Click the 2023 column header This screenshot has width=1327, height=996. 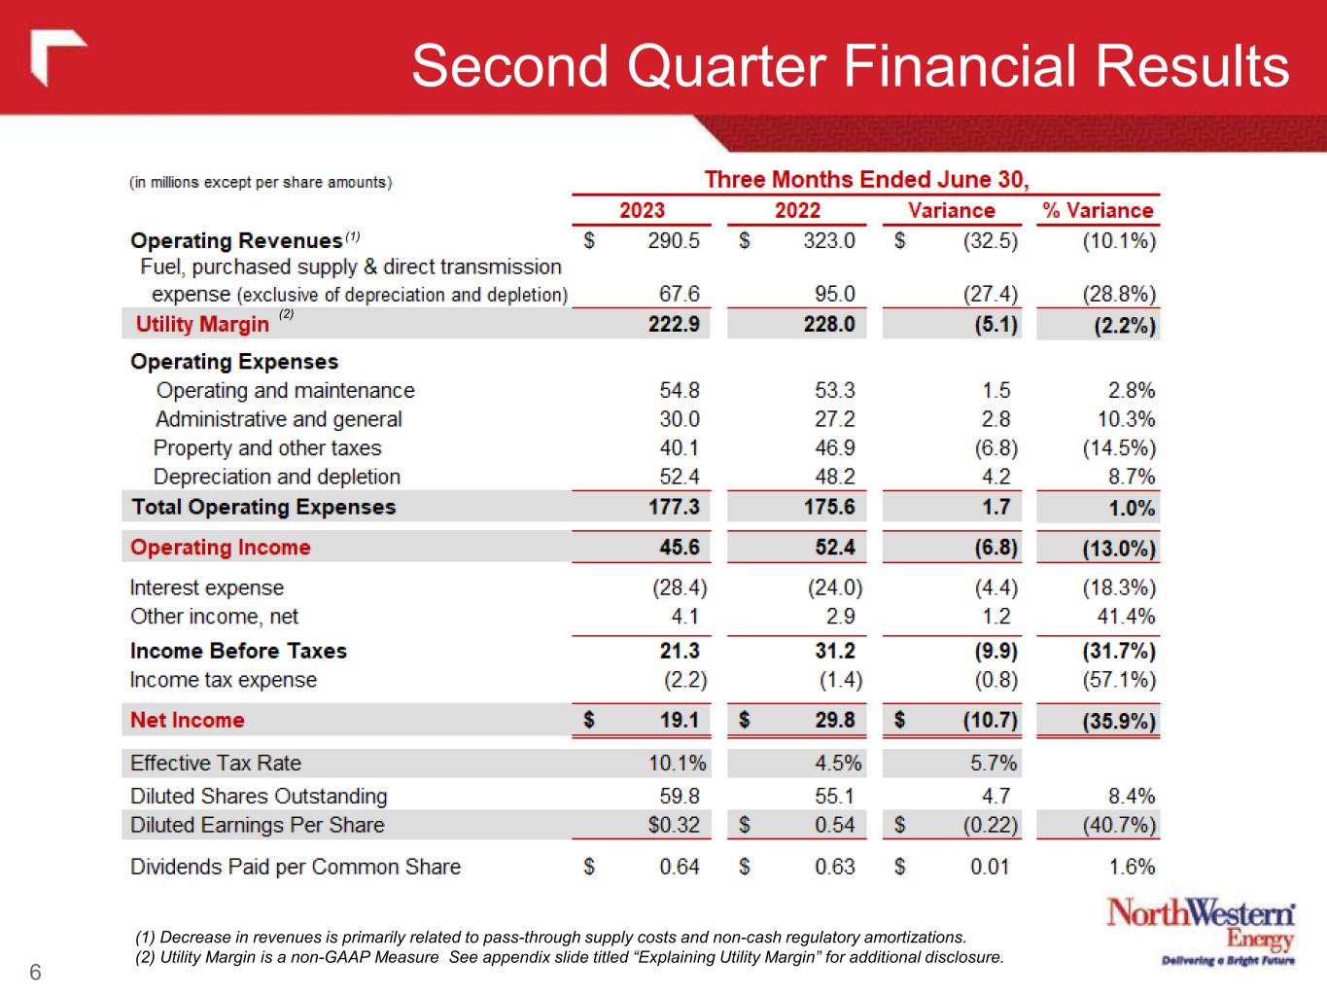point(642,210)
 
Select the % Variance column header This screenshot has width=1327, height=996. point(1098,210)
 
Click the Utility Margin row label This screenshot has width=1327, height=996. point(202,324)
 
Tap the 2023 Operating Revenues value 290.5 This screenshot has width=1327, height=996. point(674,240)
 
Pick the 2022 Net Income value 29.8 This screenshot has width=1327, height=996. point(835,720)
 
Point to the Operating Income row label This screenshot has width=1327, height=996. point(221,547)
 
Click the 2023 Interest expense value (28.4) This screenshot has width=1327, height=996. point(679,587)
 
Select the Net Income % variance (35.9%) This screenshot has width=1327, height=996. point(1119,721)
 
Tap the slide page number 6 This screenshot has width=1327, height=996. point(36,973)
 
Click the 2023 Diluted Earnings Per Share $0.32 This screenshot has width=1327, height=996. point(674,825)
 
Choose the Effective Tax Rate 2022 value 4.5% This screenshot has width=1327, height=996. point(838,763)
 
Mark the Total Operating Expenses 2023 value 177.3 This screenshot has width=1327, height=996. point(674,507)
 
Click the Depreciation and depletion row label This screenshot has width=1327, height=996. point(277,477)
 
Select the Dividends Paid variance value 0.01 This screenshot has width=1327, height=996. point(990,867)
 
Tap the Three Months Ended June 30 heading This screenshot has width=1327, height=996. point(866,180)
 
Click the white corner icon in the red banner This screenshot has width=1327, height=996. point(56,59)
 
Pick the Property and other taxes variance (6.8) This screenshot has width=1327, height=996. point(996,448)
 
